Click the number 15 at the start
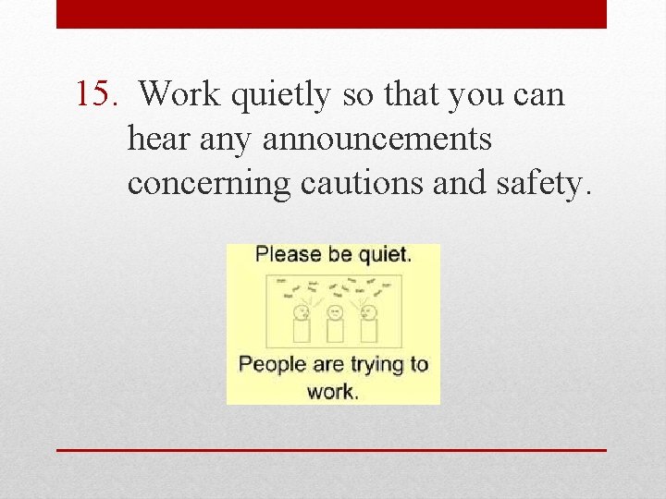coord(93,94)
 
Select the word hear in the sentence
coord(159,140)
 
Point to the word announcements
coord(377,140)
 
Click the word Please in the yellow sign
coord(287,254)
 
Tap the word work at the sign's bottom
coord(331,391)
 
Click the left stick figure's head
coord(302,310)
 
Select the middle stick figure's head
coord(335,310)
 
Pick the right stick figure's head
coord(368,310)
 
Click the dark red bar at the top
coord(331,14)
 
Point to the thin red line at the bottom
coord(331,450)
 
